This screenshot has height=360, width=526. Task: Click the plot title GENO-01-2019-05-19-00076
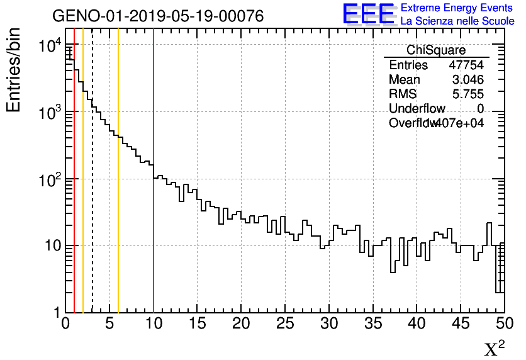pos(157,16)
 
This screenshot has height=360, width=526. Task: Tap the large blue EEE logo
pos(368,14)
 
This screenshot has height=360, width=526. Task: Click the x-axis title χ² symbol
pos(495,348)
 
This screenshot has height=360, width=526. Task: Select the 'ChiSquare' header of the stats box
pos(436,50)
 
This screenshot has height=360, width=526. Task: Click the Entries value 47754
pos(466,65)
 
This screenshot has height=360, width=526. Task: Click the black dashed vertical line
pos(92,189)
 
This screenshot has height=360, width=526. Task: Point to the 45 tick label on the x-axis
pos(461,324)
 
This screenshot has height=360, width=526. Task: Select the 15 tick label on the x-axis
pos(197,324)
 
